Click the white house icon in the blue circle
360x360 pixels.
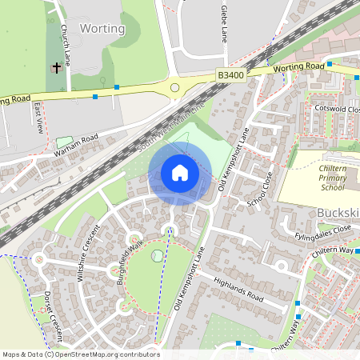(179, 173)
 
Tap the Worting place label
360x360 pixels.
(102, 29)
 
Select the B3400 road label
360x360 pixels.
(230, 74)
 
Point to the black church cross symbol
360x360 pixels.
(56, 69)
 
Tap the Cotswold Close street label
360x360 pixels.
(325, 107)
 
